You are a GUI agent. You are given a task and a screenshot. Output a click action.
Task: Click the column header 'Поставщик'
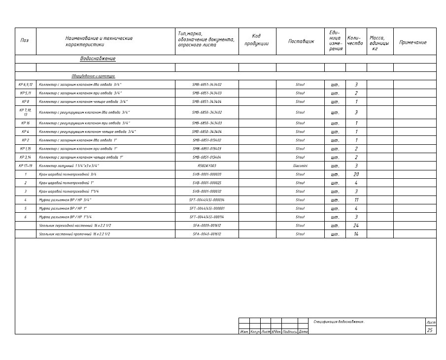click(x=301, y=42)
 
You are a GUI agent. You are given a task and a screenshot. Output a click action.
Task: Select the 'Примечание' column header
click(x=412, y=42)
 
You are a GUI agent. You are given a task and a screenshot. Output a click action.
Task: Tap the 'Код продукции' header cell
click(x=256, y=39)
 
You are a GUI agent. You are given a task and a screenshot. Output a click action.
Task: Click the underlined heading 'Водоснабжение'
click(x=98, y=59)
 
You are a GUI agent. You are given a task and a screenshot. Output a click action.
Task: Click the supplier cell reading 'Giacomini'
click(x=300, y=166)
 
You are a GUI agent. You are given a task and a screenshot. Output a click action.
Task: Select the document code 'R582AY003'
click(x=207, y=166)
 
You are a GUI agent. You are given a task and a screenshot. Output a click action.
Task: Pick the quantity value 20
click(x=356, y=174)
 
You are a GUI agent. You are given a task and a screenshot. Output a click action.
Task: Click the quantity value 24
click(x=356, y=226)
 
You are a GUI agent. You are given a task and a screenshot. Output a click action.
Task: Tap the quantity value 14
click(x=356, y=234)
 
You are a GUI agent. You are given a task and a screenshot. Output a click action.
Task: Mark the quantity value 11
click(x=356, y=200)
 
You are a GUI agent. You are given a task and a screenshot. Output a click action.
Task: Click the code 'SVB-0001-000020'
click(x=207, y=174)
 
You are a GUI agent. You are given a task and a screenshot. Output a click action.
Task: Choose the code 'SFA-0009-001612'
click(x=207, y=226)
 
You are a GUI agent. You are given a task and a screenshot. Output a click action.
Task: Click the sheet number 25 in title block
click(x=430, y=330)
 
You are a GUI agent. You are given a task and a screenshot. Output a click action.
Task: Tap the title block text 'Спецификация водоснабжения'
click(x=339, y=322)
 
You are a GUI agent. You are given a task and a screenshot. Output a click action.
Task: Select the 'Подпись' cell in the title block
click(x=290, y=332)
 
